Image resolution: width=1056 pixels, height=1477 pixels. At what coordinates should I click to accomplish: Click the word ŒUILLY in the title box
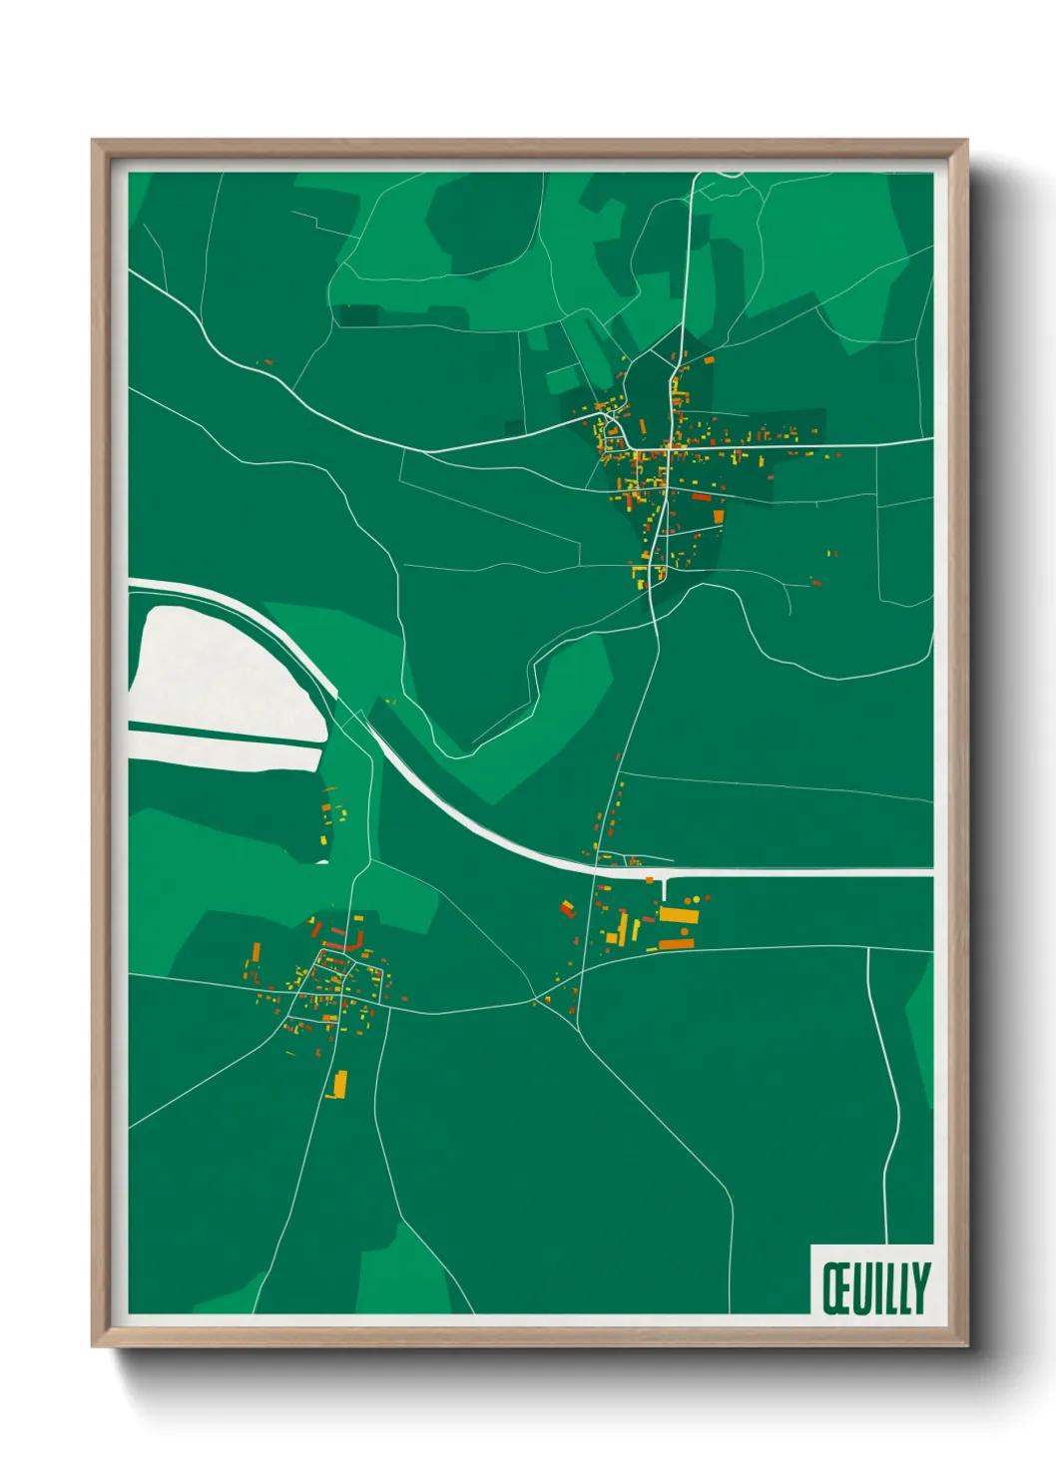tap(875, 1287)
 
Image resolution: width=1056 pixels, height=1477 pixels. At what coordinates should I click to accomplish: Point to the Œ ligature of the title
tap(836, 1287)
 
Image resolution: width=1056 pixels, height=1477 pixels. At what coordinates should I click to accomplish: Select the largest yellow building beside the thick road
tap(678, 914)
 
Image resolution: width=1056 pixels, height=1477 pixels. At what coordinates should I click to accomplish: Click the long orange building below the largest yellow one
tap(675, 944)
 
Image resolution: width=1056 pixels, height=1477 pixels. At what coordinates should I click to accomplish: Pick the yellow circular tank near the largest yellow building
tap(697, 899)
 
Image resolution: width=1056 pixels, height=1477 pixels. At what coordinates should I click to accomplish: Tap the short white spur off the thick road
tap(664, 885)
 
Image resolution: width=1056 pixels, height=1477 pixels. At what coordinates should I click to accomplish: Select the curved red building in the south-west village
tap(340, 942)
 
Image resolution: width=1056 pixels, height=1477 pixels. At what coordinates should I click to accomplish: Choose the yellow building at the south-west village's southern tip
tap(339, 1083)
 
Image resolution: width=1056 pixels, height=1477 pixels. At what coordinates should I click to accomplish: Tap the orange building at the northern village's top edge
tap(710, 359)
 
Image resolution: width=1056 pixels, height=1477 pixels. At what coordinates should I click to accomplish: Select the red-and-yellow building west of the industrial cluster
tap(568, 908)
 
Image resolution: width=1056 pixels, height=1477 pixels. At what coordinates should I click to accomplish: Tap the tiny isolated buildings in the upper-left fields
tap(264, 363)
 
